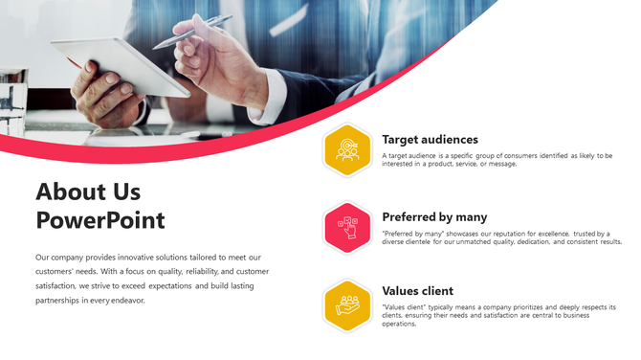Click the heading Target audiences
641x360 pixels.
tap(430, 140)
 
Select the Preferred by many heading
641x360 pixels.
tap(434, 217)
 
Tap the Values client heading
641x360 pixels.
tap(417, 291)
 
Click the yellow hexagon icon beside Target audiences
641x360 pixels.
tap(347, 150)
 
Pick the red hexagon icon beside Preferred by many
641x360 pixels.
tap(347, 227)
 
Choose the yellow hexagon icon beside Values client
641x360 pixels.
tap(347, 304)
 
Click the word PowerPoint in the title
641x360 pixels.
tap(100, 220)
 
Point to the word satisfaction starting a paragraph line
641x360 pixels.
tap(55, 285)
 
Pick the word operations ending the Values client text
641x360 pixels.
tap(399, 324)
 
